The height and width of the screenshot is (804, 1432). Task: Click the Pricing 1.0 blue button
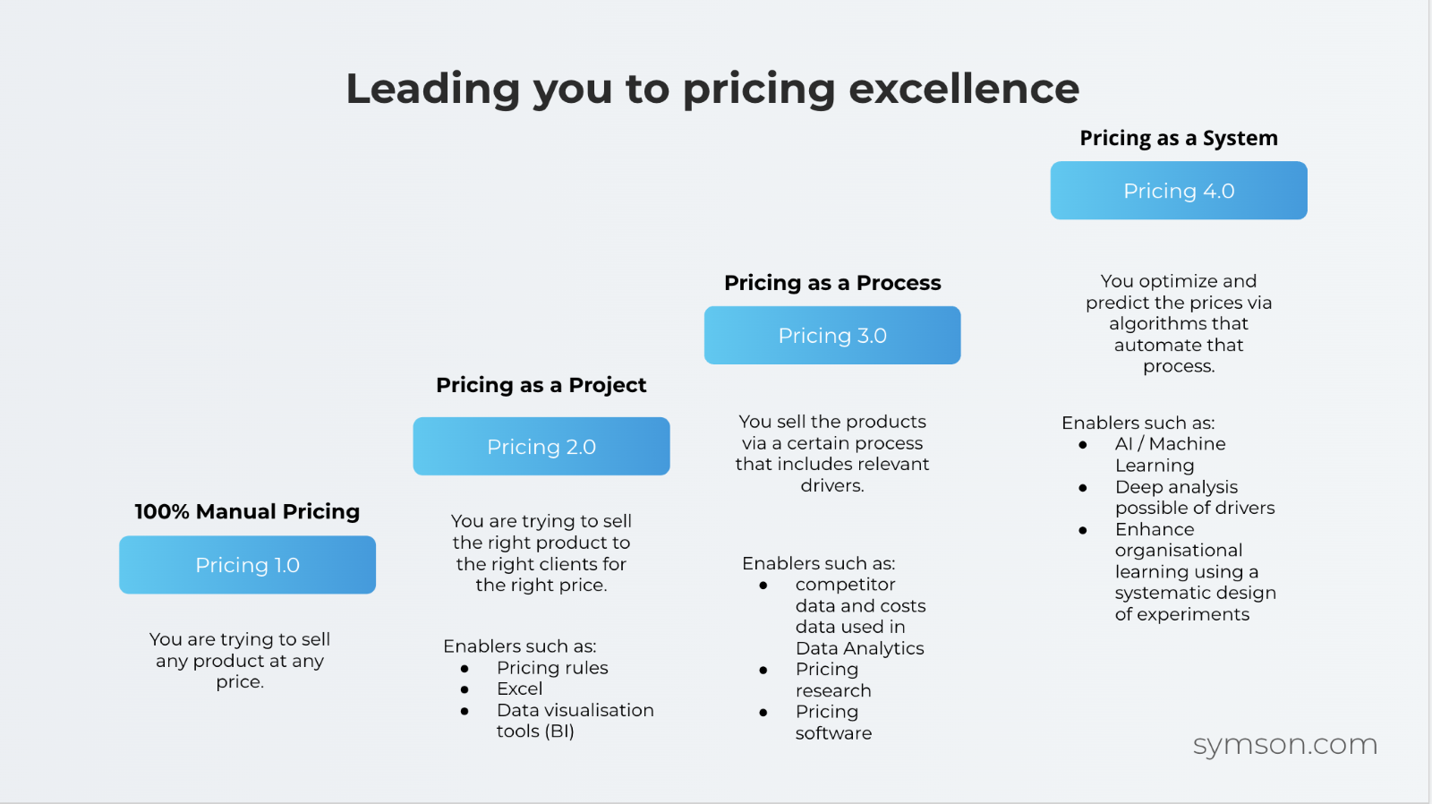pos(247,565)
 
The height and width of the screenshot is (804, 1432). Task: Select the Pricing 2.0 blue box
pos(541,447)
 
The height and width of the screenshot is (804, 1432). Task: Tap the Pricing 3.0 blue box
pos(832,336)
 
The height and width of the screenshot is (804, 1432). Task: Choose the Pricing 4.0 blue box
pos(1179,191)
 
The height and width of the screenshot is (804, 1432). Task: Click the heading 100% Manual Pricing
pos(247,511)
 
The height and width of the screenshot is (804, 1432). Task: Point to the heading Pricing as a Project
pos(541,385)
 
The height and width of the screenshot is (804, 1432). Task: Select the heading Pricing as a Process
pos(832,283)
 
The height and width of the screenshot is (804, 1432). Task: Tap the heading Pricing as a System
pos(1179,138)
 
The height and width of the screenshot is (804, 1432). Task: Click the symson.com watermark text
pos(1284,744)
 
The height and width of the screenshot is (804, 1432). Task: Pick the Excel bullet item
pos(520,689)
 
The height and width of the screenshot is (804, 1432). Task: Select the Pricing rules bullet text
pos(552,668)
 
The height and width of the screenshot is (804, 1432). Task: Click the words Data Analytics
pos(859,648)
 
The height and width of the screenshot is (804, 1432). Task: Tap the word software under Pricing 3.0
pos(833,733)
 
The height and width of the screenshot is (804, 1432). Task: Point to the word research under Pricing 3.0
pos(833,690)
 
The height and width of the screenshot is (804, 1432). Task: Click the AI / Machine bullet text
pos(1170,444)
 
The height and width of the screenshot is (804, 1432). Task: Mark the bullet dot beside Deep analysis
pos(1083,488)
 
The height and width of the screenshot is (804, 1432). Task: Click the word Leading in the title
pos(432,89)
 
